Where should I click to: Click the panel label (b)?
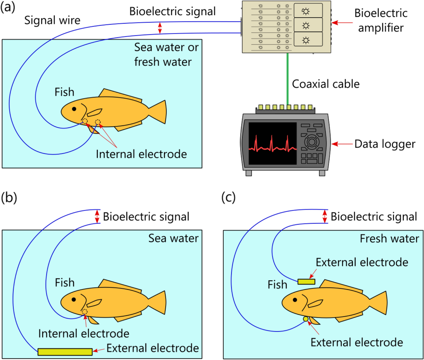pyautogui.click(x=9, y=198)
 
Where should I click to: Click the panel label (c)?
pyautogui.click(x=228, y=198)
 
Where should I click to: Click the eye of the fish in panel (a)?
pyautogui.click(x=74, y=109)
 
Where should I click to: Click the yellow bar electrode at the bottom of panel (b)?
pyautogui.click(x=65, y=352)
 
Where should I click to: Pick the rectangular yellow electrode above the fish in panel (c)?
pyautogui.click(x=306, y=281)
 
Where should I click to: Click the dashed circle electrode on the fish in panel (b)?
pyautogui.click(x=85, y=312)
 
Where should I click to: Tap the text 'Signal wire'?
pyautogui.click(x=52, y=20)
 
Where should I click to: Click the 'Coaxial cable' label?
pyautogui.click(x=325, y=84)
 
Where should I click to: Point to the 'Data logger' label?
pyautogui.click(x=385, y=144)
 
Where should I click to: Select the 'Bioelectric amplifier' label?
pyautogui.click(x=381, y=20)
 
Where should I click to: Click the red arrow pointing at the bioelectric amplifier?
pyautogui.click(x=342, y=23)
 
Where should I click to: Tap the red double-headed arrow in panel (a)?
pyautogui.click(x=160, y=28)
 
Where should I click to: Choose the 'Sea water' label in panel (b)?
pyautogui.click(x=173, y=238)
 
